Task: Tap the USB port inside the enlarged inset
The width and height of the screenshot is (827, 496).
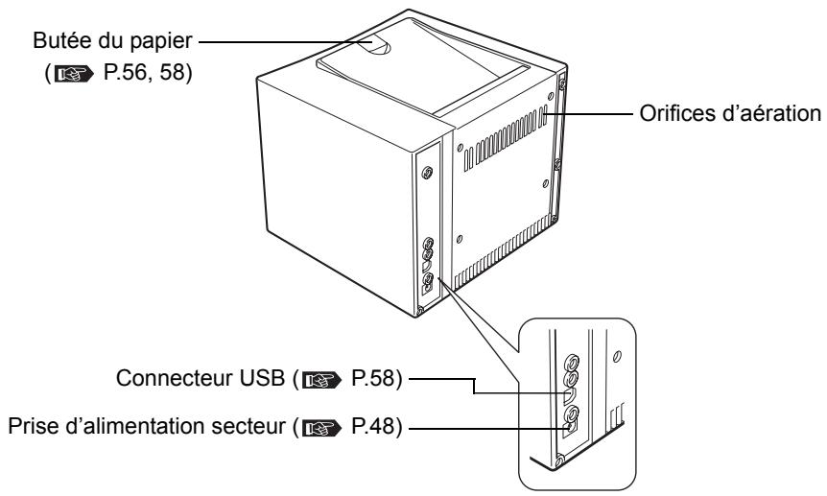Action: (571, 395)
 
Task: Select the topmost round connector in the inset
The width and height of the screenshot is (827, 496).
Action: (572, 365)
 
